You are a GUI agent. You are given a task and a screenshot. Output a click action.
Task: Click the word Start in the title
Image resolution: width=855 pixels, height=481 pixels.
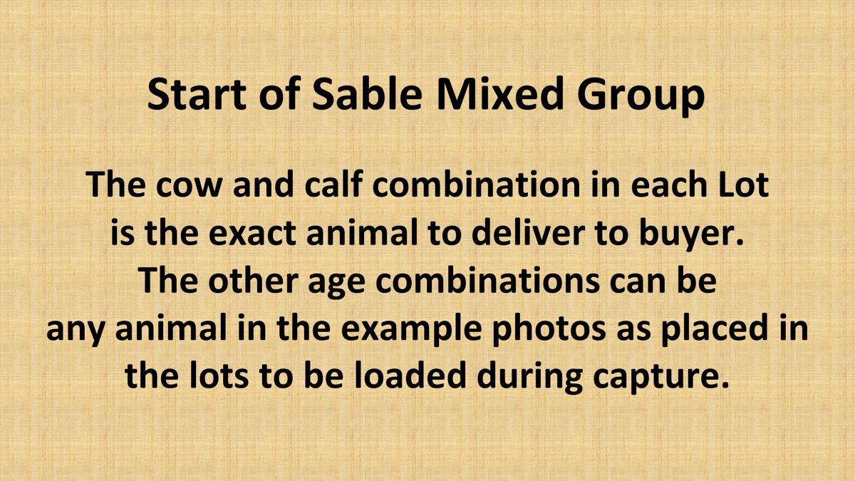197,94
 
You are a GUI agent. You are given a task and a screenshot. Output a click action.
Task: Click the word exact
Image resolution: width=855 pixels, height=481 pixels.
252,234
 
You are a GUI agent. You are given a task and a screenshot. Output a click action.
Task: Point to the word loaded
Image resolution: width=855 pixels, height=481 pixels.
410,376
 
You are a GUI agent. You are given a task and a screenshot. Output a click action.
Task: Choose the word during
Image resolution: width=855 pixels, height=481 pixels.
529,379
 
